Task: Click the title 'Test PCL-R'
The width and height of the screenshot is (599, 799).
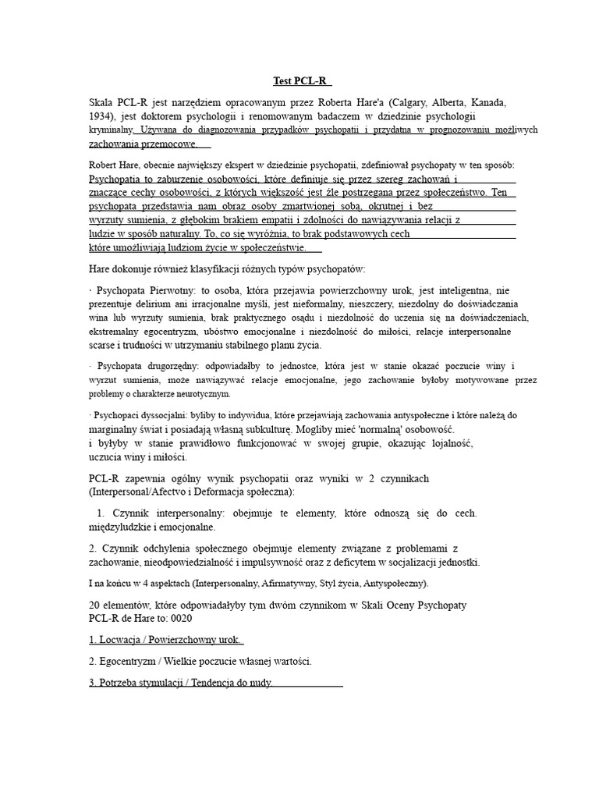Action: click(x=301, y=80)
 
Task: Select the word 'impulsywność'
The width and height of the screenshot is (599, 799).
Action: click(x=288, y=563)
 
